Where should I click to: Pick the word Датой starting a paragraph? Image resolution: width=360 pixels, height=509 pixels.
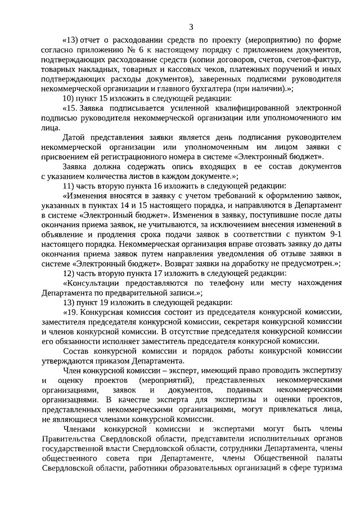pyautogui.click(x=75, y=138)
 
